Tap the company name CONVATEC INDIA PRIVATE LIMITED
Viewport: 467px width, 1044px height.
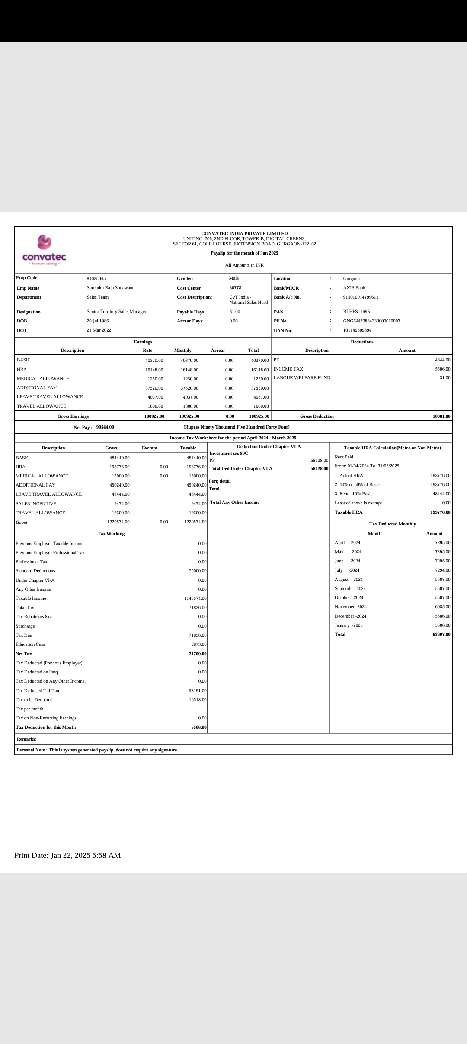pos(244,233)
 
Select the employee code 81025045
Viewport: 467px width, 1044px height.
pos(96,279)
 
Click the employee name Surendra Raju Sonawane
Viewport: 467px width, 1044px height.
pos(110,288)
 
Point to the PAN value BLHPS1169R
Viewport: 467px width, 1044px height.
pos(357,312)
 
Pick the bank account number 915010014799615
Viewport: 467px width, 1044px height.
pos(361,297)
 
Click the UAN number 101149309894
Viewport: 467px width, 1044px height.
pos(357,330)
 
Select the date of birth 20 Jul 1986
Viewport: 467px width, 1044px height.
pos(98,321)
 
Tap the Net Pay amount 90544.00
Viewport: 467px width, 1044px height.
pos(105,427)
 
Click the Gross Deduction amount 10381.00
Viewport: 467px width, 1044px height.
pos(441,416)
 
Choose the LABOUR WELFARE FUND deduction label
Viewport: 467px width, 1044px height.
pos(302,378)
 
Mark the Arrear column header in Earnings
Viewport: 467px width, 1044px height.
pos(218,351)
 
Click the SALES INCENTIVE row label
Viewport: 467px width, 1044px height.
pos(36,504)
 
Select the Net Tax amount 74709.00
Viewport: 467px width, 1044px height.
pos(198,654)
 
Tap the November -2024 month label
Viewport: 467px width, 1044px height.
pos(350,607)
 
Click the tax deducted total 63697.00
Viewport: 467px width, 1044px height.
pos(441,635)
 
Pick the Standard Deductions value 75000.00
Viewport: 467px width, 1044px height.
pos(198,571)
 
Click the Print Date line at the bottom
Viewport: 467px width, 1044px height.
pos(67,855)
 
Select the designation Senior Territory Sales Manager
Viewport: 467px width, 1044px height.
pos(116,312)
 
